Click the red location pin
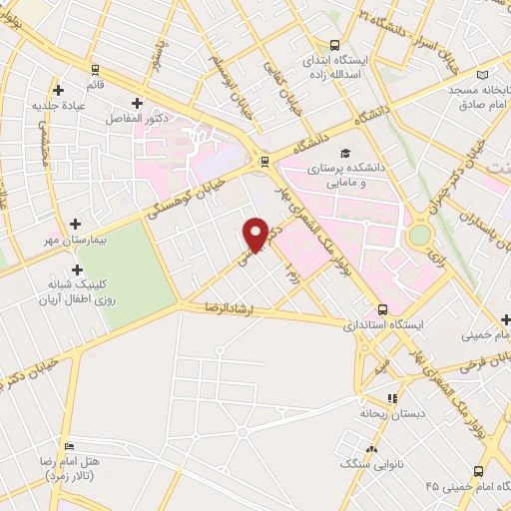click(x=256, y=234)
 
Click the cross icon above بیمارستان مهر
click(x=77, y=225)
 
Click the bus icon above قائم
click(x=96, y=70)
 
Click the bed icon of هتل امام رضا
click(x=68, y=446)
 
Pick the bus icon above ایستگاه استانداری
click(x=382, y=309)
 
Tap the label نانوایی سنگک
click(x=368, y=464)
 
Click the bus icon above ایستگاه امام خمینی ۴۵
click(x=478, y=470)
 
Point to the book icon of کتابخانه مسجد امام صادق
click(x=484, y=75)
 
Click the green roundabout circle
click(x=420, y=235)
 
